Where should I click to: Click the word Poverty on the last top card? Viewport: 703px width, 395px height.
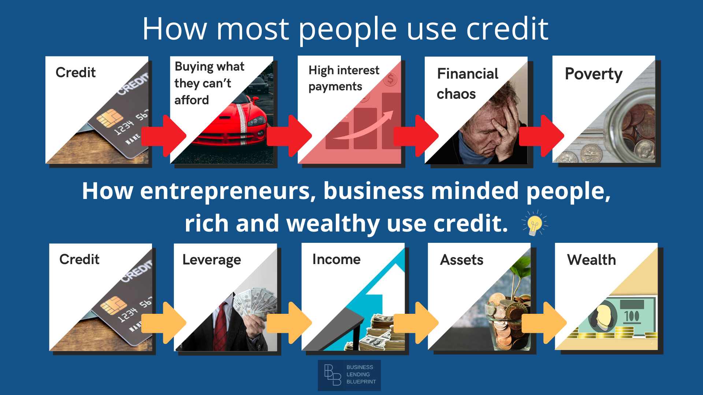[x=594, y=74]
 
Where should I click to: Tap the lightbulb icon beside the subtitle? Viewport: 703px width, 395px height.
[x=535, y=223]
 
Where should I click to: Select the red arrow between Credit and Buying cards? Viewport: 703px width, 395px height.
[x=164, y=136]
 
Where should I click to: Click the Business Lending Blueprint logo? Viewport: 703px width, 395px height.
[x=349, y=375]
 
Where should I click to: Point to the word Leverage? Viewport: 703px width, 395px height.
[x=212, y=260]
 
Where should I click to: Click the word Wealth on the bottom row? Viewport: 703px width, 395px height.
[x=591, y=260]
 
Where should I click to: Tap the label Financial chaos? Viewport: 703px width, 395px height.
[x=468, y=84]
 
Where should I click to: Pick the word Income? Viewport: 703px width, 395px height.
[x=336, y=259]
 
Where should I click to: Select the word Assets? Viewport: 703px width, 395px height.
[x=462, y=260]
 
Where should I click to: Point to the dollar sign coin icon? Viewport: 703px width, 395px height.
[x=391, y=78]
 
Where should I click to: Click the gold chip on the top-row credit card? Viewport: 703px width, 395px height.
[x=109, y=118]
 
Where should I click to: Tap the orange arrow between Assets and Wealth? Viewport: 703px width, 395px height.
[x=544, y=323]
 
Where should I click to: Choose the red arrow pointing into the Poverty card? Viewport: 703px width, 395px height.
[x=542, y=136]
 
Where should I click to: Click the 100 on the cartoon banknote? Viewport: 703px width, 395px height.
[x=632, y=316]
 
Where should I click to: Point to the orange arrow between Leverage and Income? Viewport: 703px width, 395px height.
[x=289, y=323]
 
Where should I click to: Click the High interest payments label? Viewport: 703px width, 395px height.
[x=344, y=78]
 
